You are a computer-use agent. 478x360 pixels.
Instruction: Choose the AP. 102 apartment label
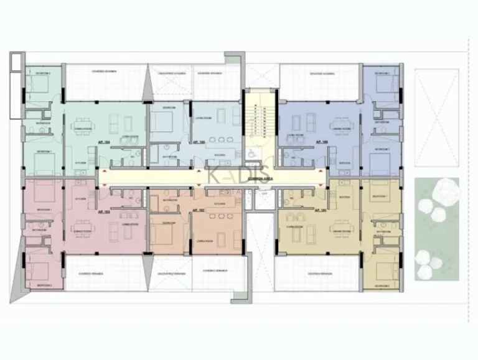(x=199, y=210)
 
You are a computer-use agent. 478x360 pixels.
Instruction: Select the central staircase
(x=260, y=118)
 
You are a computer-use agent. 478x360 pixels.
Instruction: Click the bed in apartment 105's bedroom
(x=162, y=123)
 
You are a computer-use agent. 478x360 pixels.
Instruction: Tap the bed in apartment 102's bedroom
(x=163, y=235)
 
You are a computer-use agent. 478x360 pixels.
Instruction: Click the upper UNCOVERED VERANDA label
(x=169, y=73)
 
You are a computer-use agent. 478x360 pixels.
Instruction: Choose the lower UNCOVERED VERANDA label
(x=169, y=271)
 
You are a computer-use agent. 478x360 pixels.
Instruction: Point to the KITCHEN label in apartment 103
(x=80, y=199)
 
